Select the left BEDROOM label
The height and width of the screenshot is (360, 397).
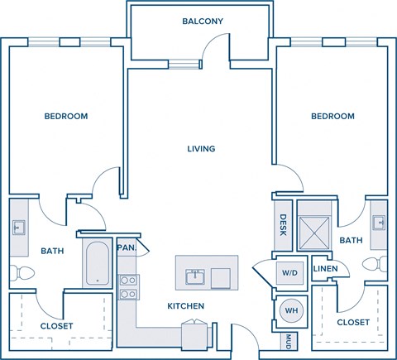click(x=66, y=116)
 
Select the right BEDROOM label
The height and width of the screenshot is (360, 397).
click(x=332, y=116)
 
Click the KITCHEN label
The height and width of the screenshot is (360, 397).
click(x=186, y=306)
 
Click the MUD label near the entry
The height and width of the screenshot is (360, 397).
click(x=289, y=340)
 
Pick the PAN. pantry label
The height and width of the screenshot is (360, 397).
click(x=126, y=247)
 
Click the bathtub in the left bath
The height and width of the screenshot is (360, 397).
click(x=98, y=262)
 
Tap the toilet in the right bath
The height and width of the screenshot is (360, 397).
click(x=375, y=266)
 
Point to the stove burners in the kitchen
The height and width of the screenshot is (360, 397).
click(x=127, y=286)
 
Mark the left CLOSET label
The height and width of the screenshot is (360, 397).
click(x=56, y=326)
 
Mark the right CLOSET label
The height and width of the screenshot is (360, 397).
click(x=353, y=322)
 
